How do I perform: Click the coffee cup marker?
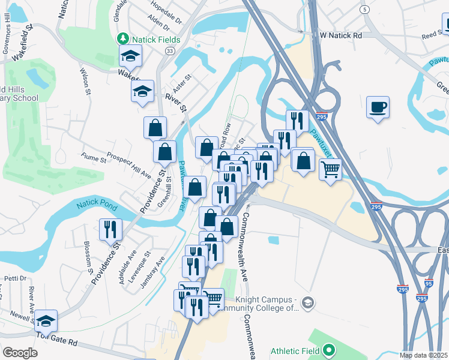(378, 108)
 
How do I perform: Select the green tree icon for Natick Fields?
(123, 38)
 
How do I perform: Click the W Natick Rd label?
(341, 35)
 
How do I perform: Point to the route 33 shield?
(170, 52)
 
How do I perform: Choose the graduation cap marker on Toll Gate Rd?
(46, 321)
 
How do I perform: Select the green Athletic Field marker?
(328, 349)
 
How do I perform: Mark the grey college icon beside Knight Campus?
(307, 301)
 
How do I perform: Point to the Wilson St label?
(84, 82)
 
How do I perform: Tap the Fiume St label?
(94, 158)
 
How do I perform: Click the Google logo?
(20, 353)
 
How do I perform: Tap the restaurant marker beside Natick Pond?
(111, 230)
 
